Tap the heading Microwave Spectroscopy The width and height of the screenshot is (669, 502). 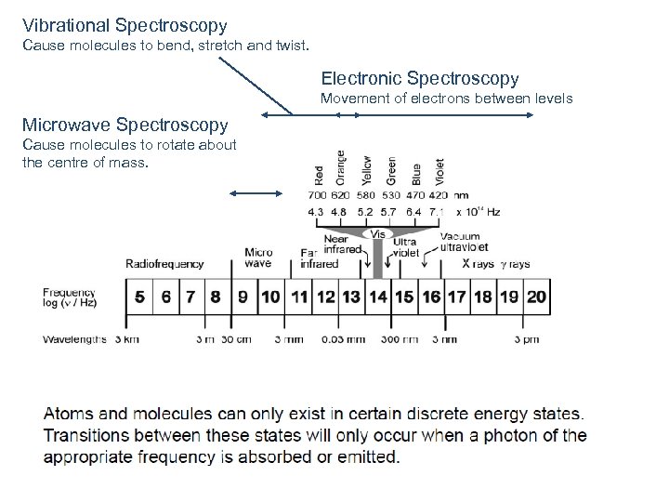pos(125,125)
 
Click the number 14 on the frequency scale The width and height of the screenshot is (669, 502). pos(377,297)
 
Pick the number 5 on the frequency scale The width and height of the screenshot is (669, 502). pos(139,297)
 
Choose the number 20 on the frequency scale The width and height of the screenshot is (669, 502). pos(536,297)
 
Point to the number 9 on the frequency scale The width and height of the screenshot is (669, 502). pos(243,297)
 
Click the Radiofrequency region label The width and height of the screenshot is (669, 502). pos(164,264)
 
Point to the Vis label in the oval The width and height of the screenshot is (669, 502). pos(378,235)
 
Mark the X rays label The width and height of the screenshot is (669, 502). pos(479,264)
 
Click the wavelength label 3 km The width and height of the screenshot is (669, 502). pos(126,339)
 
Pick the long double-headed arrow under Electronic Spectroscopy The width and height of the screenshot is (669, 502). pos(397,114)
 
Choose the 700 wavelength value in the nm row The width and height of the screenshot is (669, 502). pos(319,196)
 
